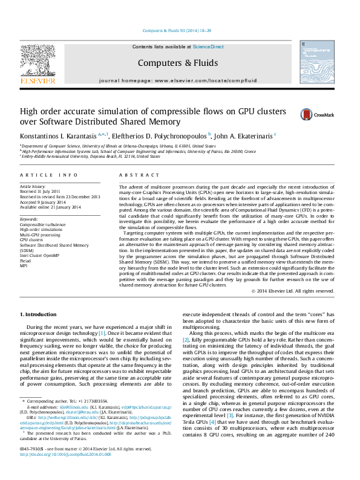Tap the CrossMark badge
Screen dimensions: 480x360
coord(312,114)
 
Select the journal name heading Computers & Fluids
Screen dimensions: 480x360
coord(177,62)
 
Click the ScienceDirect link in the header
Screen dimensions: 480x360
coord(208,47)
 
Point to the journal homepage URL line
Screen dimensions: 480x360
coord(177,80)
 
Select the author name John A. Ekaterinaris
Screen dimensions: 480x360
coord(244,135)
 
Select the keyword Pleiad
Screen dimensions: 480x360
coord(26,261)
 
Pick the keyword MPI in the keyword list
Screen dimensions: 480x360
coord(24,265)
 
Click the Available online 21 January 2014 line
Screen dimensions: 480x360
coord(50,207)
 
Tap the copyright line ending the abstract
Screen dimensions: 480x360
coord(296,291)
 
